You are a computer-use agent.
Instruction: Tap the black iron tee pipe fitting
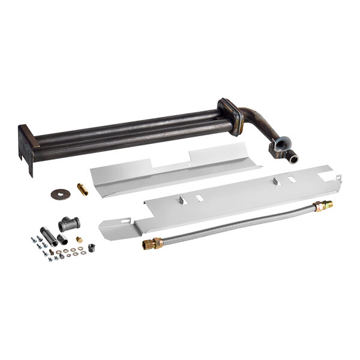click(x=69, y=224)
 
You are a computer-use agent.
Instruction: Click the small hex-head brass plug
click(x=80, y=239)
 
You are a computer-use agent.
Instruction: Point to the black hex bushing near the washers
click(x=91, y=247)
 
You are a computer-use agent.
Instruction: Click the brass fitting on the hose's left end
click(x=152, y=243)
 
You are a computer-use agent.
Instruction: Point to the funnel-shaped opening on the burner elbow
click(x=281, y=146)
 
